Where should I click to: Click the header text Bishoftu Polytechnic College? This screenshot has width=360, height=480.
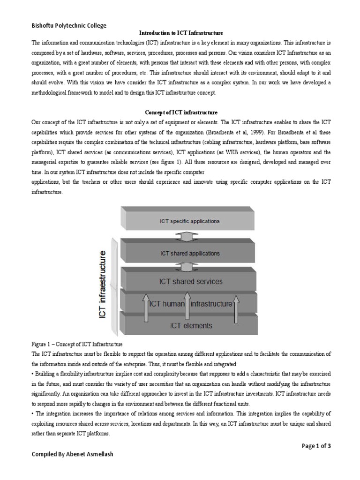(69, 25)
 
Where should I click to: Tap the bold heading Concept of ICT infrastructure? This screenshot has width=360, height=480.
(180, 112)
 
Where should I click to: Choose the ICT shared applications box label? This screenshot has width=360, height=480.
(189, 253)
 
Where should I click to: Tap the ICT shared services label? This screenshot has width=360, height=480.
(190, 282)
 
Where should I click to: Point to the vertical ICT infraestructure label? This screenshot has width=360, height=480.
(104, 284)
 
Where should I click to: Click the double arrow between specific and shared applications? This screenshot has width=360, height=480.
(187, 236)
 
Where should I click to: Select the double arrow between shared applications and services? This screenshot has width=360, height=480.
(187, 266)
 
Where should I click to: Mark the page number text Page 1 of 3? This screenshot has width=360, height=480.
(316, 446)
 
